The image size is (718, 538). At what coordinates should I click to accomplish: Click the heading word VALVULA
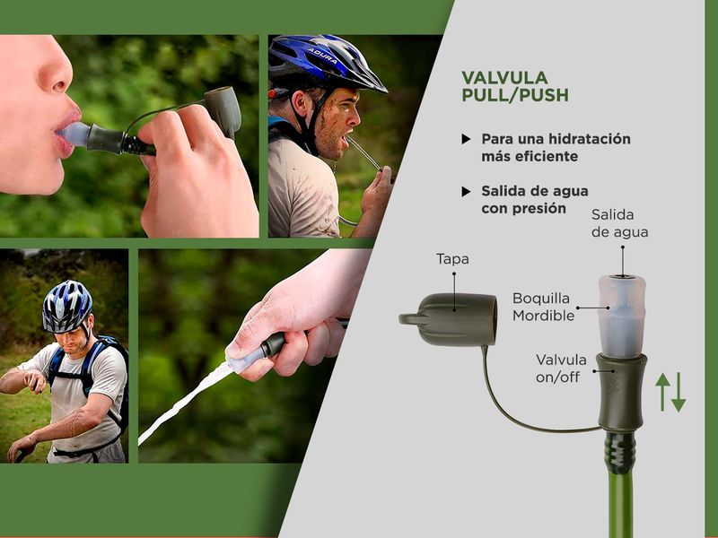[x=504, y=78]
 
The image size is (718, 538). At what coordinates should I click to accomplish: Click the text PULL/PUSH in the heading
[x=515, y=95]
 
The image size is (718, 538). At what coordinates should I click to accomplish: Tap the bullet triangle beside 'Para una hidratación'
[x=466, y=139]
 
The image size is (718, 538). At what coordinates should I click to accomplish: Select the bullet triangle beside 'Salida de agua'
[x=466, y=191]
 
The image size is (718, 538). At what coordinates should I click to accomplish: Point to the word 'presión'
[x=543, y=209]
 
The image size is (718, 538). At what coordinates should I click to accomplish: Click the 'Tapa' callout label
[x=452, y=259]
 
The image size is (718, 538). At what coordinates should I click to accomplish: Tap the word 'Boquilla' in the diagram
[x=541, y=299]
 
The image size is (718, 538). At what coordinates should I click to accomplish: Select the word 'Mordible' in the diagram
[x=544, y=316]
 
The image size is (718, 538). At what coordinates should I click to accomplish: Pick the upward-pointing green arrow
[x=662, y=392]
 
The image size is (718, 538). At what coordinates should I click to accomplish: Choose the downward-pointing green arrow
[x=679, y=392]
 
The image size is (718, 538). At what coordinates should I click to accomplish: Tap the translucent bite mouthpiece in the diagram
[x=622, y=317]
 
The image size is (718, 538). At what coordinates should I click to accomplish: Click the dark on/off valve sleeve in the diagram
[x=621, y=393]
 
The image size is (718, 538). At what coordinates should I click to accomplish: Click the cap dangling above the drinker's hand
[x=223, y=111]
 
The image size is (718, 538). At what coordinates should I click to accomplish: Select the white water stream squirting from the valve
[x=185, y=403]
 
